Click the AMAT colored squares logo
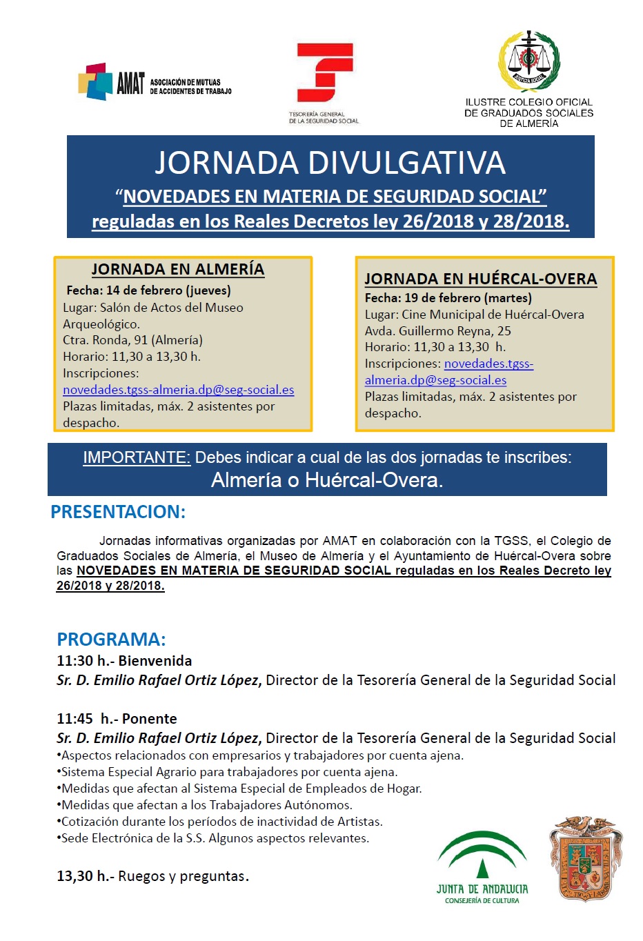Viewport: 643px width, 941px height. click(95, 81)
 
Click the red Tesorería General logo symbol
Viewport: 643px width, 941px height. click(324, 73)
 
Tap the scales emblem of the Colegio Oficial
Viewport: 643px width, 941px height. click(528, 61)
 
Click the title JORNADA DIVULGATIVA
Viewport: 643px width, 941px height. click(330, 163)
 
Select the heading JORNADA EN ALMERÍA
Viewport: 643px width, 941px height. click(178, 269)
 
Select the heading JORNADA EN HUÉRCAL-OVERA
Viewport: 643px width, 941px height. click(480, 279)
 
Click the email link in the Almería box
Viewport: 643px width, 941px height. click(178, 390)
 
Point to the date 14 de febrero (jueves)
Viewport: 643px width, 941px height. click(168, 290)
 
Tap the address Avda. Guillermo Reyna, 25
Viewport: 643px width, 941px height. click(437, 330)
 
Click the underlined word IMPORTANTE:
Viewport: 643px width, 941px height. click(137, 457)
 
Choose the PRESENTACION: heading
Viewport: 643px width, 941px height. click(118, 512)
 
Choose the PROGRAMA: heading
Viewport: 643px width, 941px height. click(111, 639)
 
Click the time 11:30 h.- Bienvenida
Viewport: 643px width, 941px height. click(124, 661)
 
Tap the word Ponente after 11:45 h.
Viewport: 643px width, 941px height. click(149, 719)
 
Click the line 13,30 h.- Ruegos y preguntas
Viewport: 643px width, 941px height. click(152, 876)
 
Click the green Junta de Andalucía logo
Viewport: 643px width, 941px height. click(482, 866)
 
